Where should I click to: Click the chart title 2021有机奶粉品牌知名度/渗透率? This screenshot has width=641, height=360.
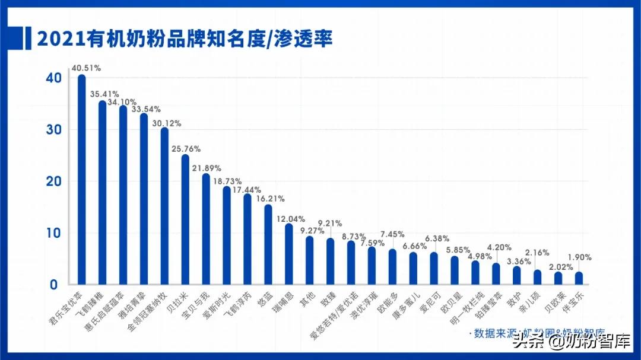point(185,39)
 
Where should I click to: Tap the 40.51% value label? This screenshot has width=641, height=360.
point(86,68)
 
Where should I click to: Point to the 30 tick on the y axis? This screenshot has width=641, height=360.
point(54,130)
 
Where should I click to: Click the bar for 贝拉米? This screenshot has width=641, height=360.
point(185,219)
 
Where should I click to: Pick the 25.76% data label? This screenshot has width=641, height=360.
point(186,148)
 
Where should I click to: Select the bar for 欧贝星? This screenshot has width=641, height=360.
point(454,270)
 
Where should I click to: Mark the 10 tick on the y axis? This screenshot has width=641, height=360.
point(54,233)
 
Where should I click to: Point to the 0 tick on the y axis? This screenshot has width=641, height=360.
point(54,285)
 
